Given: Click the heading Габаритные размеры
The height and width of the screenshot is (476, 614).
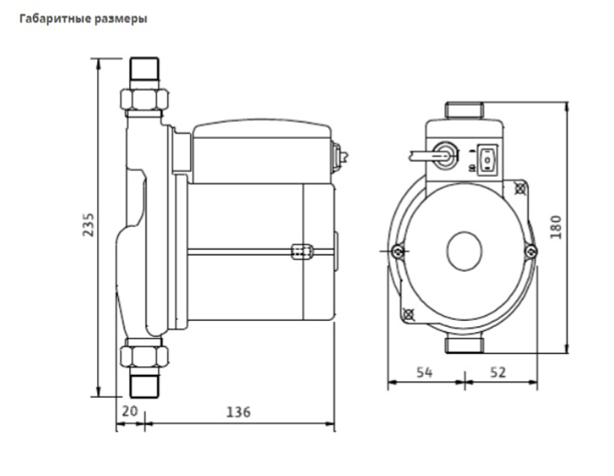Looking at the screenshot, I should point(84,19).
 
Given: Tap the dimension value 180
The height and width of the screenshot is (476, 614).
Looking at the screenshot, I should point(556,227).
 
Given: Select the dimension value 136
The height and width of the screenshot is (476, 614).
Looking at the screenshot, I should point(238,412).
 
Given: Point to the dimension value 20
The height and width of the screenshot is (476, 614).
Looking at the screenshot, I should point(129,412).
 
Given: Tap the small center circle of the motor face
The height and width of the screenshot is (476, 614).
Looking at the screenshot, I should point(465,252).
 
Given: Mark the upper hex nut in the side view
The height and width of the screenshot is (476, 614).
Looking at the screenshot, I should point(144,99).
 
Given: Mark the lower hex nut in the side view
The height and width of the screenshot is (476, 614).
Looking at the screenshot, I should point(144,356).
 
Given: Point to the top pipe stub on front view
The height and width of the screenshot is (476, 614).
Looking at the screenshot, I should point(464,110).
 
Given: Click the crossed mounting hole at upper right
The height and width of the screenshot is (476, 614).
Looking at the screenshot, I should point(521,188).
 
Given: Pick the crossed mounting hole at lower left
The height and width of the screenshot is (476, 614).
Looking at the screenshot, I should point(409,315).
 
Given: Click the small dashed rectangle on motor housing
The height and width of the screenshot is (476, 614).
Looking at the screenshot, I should point(300,251).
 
